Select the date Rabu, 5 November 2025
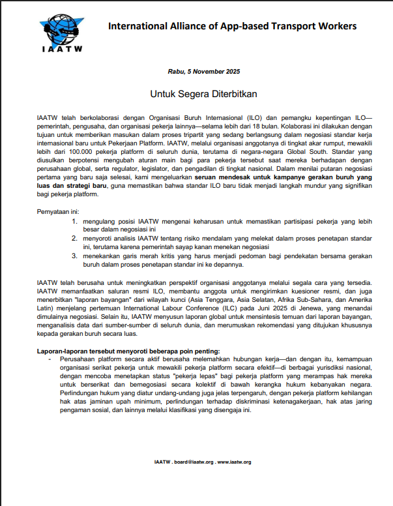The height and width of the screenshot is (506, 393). click(x=204, y=71)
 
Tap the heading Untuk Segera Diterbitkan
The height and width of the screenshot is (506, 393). click(x=204, y=94)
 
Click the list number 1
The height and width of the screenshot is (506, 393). click(x=75, y=222)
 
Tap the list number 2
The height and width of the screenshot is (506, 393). click(x=75, y=240)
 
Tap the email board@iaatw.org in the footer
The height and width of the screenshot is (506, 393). click(x=192, y=462)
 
